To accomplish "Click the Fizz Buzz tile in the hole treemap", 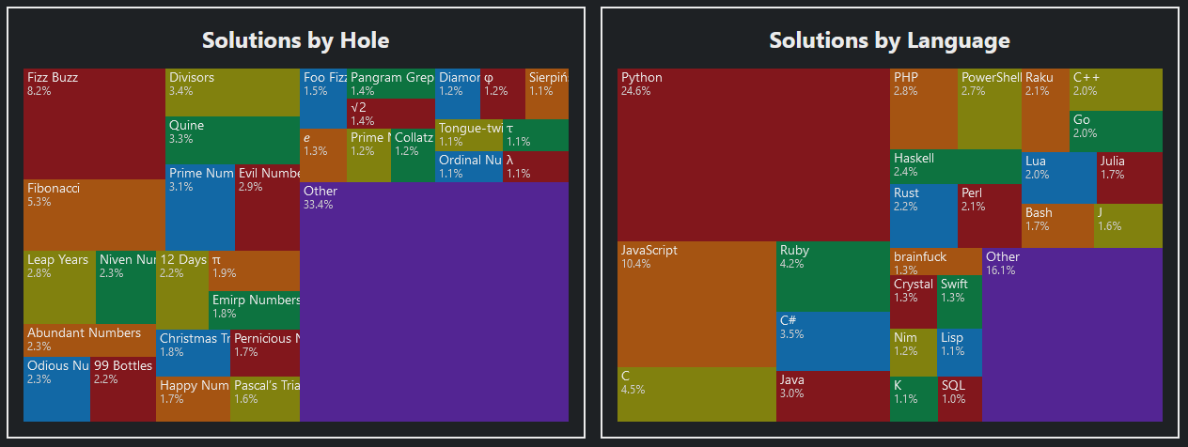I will click(x=94, y=122).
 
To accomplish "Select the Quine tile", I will click(x=232, y=140).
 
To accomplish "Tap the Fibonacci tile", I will click(x=94, y=214).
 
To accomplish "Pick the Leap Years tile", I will click(x=59, y=286).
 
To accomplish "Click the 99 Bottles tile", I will click(x=123, y=389).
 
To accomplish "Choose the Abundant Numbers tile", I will click(x=89, y=340).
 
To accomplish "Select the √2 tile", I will click(x=391, y=114).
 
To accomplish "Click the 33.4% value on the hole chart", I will click(x=318, y=205).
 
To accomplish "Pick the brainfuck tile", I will click(x=935, y=261).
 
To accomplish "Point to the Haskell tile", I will click(x=955, y=165).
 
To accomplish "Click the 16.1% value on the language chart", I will click(x=1000, y=270).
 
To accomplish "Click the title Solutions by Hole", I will click(x=295, y=40).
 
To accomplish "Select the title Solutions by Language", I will click(x=889, y=40).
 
